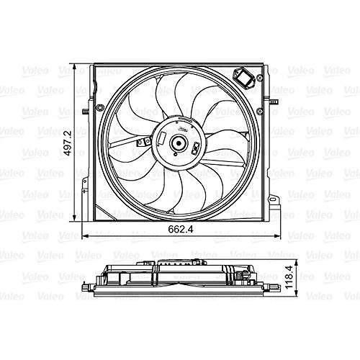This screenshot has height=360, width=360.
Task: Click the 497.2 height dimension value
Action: [x=69, y=143]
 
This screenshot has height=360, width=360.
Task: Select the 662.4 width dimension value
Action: [x=181, y=229]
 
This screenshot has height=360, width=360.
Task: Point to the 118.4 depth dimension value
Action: [x=289, y=277]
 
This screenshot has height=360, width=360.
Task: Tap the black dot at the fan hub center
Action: [x=179, y=143]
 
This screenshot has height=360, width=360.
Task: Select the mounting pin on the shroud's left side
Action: [x=85, y=112]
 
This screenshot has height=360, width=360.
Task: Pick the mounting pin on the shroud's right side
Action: [x=274, y=102]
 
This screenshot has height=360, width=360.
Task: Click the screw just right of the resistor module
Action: [x=259, y=78]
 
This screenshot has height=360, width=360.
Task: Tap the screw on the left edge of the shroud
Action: [x=99, y=107]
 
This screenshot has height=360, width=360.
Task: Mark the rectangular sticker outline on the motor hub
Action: [x=161, y=138]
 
